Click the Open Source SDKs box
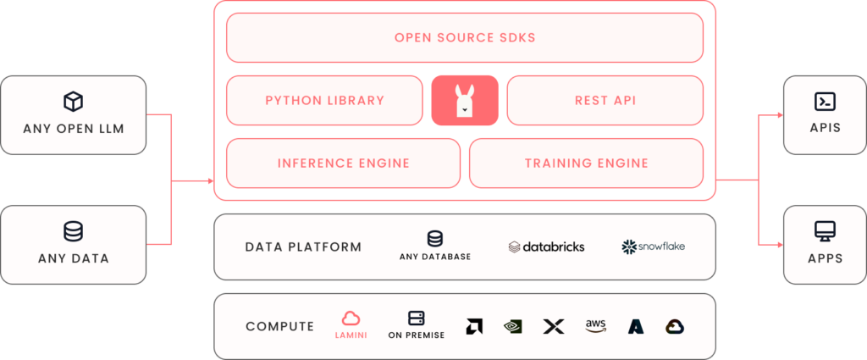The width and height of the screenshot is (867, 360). click(465, 37)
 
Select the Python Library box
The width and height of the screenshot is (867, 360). click(324, 100)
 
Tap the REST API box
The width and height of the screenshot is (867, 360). click(605, 100)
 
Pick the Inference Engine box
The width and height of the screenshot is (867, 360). click(343, 163)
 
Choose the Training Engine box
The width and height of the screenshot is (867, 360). click(586, 163)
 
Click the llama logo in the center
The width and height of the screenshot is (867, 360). click(464, 100)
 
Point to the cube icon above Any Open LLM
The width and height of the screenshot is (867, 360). click(74, 102)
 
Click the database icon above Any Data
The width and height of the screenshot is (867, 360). click(74, 231)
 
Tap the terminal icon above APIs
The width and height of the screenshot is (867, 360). click(825, 102)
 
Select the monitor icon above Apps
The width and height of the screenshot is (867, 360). click(825, 230)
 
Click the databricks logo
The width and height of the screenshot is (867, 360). click(547, 246)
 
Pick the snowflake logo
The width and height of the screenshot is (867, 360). click(653, 246)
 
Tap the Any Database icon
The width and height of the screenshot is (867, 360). click(435, 239)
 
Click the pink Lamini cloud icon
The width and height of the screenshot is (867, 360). click(351, 318)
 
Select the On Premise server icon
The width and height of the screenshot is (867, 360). click(417, 318)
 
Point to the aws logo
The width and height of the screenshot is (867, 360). click(596, 326)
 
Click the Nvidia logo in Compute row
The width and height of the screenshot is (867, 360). click(513, 326)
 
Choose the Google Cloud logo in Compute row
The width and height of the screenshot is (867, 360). click(675, 326)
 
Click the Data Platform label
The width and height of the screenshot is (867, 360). click(303, 247)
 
